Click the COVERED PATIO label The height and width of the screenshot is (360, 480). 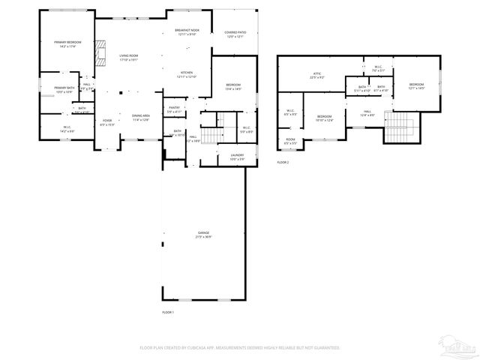click(235, 34)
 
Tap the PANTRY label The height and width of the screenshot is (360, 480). click(174, 109)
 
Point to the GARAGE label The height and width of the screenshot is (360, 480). click(203, 235)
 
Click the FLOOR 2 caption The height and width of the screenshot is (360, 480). click(283, 162)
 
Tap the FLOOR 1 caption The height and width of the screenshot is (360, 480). click(167, 311)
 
